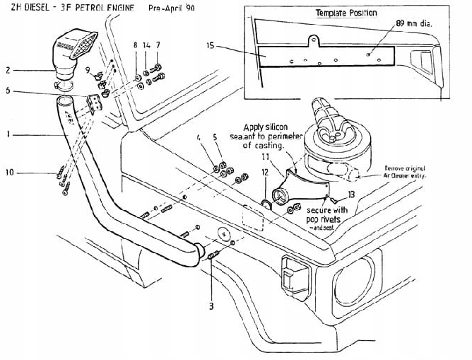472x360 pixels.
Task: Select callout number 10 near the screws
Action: point(9,172)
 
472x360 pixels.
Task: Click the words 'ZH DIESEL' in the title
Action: point(25,9)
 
